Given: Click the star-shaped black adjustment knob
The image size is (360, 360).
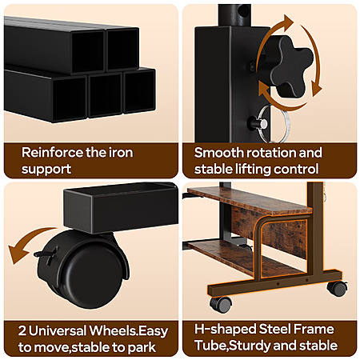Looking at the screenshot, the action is (290, 66).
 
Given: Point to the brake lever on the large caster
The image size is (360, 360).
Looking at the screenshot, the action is (46, 254).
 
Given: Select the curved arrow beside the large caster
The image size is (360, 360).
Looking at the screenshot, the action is (26, 242).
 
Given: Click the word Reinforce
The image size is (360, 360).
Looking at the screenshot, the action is (52, 153).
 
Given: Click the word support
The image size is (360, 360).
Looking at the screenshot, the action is (46, 170).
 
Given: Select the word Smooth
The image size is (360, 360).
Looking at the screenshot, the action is (218, 153).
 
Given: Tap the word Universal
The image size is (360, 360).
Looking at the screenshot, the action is (58, 330).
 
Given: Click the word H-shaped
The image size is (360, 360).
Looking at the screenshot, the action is (225, 329).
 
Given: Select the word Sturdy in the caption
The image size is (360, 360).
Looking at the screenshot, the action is (250, 346).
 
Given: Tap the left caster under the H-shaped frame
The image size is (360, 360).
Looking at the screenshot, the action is (221, 305).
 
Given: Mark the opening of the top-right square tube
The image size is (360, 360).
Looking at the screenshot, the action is (122, 50).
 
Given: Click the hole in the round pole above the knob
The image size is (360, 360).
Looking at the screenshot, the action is (243, 11).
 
